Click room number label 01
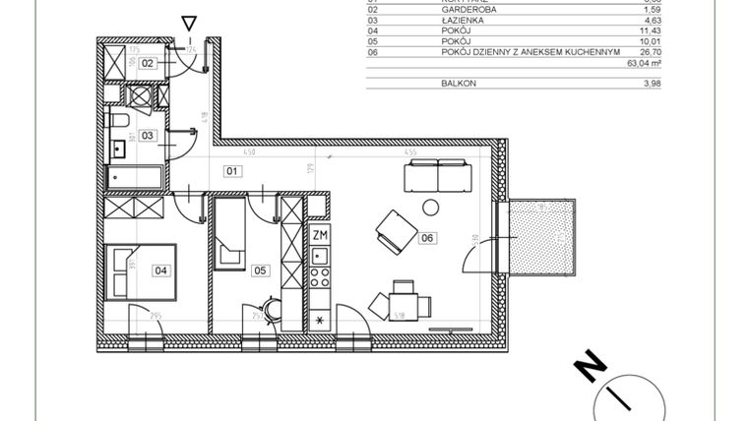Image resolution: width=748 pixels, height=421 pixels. (233, 170)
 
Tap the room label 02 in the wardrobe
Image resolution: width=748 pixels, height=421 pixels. (148, 63)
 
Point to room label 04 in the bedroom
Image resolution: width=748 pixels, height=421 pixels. (159, 269)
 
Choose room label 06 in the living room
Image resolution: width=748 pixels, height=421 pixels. (426, 237)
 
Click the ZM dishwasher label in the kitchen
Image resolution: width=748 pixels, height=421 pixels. (319, 236)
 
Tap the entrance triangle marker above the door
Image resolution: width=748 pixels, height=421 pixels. (189, 23)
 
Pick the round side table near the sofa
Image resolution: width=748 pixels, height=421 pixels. (430, 207)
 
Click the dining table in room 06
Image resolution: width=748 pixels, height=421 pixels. (402, 301)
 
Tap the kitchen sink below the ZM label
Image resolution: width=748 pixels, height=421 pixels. (319, 257)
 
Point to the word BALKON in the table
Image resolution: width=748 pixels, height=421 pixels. (458, 84)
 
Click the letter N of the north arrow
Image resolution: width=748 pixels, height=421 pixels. (589, 367)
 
